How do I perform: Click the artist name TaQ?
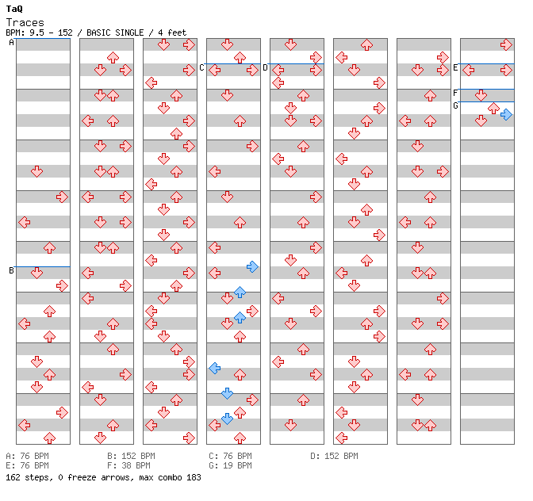pyautogui.click(x=14, y=9)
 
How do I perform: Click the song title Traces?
pyautogui.click(x=25, y=23)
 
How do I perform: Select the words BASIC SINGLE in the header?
pyautogui.click(x=115, y=33)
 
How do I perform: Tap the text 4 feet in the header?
pyautogui.click(x=172, y=33)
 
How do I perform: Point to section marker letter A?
pyautogui.click(x=11, y=43)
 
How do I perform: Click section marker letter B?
pyautogui.click(x=11, y=270)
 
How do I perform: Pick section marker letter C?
pyautogui.click(x=201, y=68)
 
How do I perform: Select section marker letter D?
pyautogui.click(x=265, y=68)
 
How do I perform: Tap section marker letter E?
pyautogui.click(x=455, y=68)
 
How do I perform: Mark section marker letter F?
pyautogui.click(x=455, y=93)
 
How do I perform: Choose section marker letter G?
pyautogui.click(x=455, y=106)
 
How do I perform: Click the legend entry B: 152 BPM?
pyautogui.click(x=131, y=456)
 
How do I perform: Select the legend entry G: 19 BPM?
pyautogui.click(x=230, y=465)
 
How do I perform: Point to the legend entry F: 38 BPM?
pyautogui.click(x=128, y=465)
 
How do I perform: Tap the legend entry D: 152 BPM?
pyautogui.click(x=334, y=456)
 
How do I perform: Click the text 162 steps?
pyautogui.click(x=29, y=477)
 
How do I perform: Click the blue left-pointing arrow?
pyautogui.click(x=214, y=368)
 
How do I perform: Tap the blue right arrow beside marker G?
pyautogui.click(x=506, y=115)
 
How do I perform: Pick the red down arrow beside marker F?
pyautogui.click(x=481, y=95)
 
